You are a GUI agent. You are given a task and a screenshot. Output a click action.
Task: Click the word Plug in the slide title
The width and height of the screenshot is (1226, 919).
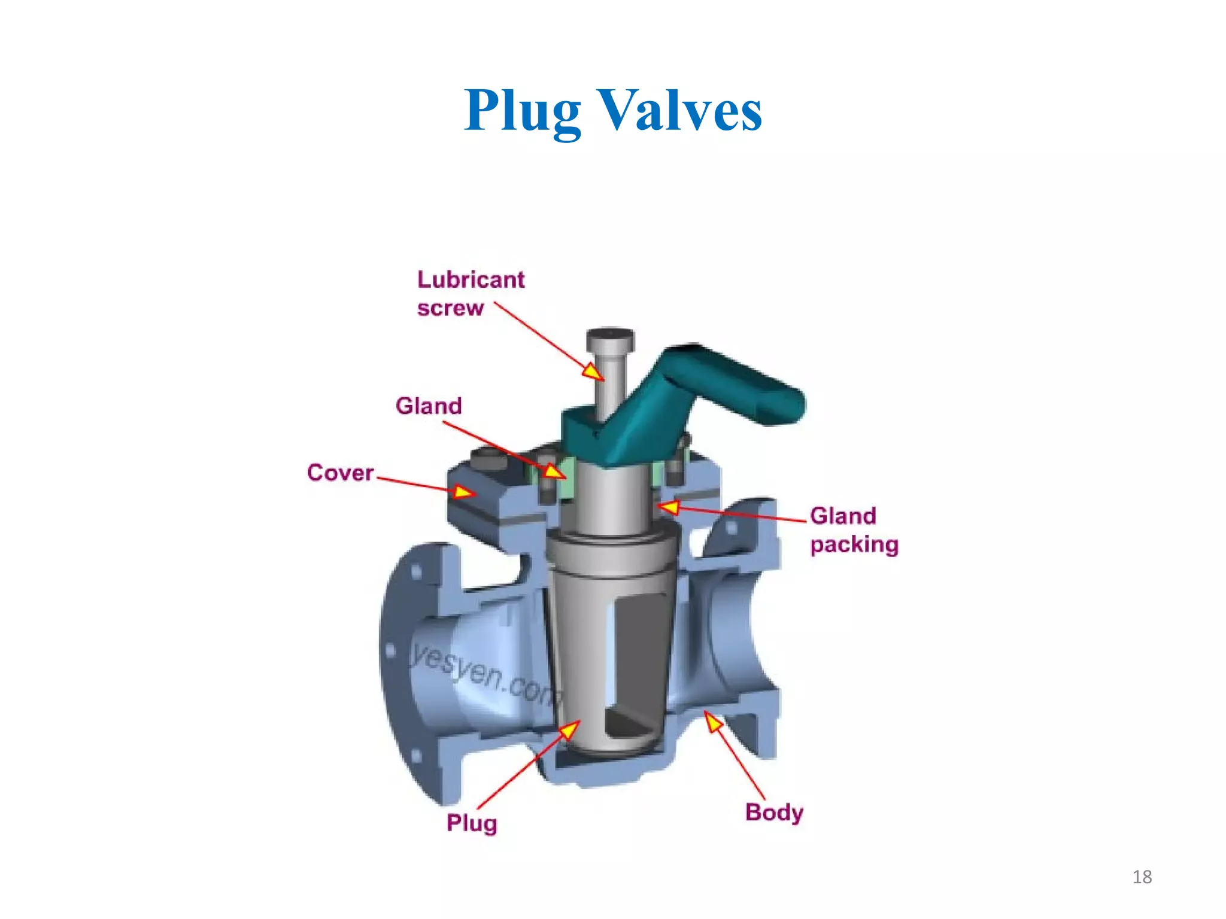(522, 111)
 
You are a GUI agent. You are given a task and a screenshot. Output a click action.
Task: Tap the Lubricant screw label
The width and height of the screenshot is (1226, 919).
(471, 293)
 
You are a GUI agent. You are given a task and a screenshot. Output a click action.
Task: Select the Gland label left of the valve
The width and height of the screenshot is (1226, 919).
(429, 406)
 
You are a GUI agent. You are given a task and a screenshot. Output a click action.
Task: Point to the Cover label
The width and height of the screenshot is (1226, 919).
(340, 473)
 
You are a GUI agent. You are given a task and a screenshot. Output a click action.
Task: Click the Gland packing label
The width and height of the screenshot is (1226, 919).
(854, 530)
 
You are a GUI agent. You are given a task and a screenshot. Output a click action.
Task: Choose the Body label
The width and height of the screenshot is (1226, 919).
(774, 813)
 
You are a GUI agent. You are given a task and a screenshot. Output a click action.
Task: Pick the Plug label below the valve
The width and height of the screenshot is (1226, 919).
(472, 823)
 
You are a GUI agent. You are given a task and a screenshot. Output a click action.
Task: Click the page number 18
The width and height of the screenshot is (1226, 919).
(1142, 877)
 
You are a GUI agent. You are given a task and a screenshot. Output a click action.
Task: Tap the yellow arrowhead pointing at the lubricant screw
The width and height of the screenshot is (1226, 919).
(593, 372)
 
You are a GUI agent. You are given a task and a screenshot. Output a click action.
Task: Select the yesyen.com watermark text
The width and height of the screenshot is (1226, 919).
(485, 674)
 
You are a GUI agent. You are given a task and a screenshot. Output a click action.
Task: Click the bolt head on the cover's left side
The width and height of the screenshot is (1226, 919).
(489, 461)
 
